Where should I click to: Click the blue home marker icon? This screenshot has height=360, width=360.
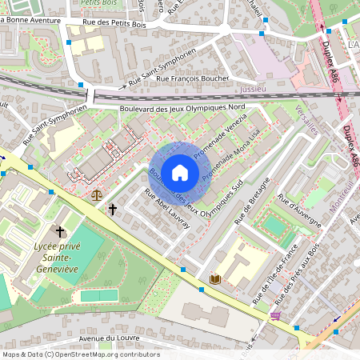(x=180, y=172)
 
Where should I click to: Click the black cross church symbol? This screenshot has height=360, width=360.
(x=113, y=210)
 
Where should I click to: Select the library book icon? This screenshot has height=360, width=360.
(x=214, y=278)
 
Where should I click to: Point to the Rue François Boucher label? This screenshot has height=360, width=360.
(x=192, y=78)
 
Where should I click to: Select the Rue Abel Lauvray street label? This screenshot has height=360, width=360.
(x=167, y=210)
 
